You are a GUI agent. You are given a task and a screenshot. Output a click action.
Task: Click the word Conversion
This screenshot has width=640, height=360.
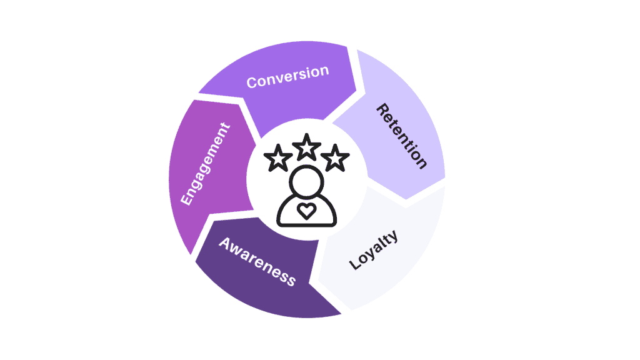(x=287, y=77)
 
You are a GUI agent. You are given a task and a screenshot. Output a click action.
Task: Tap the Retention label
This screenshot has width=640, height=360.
(x=401, y=136)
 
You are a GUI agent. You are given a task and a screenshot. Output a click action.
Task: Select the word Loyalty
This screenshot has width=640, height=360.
(x=373, y=250)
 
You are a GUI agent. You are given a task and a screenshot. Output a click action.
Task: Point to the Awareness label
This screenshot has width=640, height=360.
(x=257, y=261)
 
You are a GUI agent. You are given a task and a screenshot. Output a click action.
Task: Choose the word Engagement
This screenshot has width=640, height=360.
(x=204, y=164)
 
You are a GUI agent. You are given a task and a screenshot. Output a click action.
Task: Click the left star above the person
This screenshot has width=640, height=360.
(x=277, y=160)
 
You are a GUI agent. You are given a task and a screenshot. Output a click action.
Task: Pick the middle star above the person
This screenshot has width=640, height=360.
(x=306, y=147)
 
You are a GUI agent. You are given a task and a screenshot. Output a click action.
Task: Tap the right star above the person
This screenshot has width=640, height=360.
(x=336, y=159)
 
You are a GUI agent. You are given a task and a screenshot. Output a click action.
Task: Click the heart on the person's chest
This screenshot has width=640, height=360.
(x=306, y=211)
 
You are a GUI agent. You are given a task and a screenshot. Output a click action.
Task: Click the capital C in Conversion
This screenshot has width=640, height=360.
(x=252, y=82)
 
